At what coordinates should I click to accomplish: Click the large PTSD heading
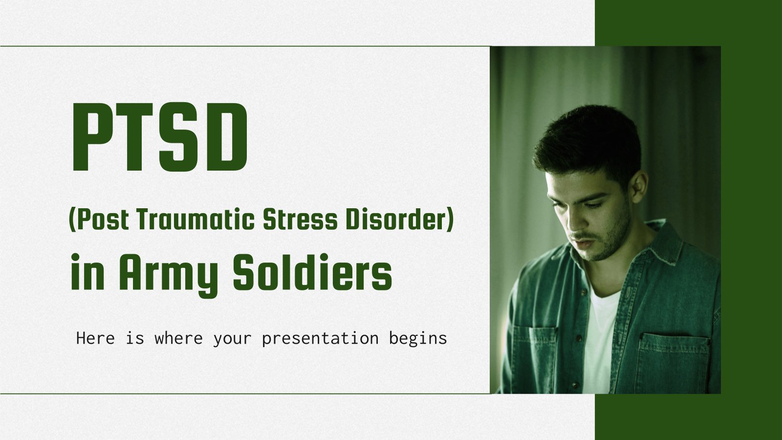(159, 138)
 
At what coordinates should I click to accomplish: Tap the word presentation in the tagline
(320, 338)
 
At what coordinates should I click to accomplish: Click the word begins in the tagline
(418, 338)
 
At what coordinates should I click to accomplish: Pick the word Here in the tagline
(95, 338)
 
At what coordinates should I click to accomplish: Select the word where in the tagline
(178, 338)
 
